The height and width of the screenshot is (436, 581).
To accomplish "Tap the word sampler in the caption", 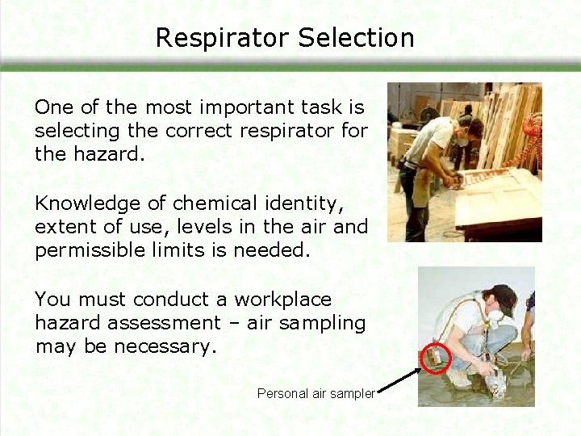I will coord(352,394).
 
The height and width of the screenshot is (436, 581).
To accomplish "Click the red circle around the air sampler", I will coord(437,357).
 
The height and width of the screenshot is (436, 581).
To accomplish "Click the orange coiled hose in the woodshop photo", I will coord(532,133).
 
